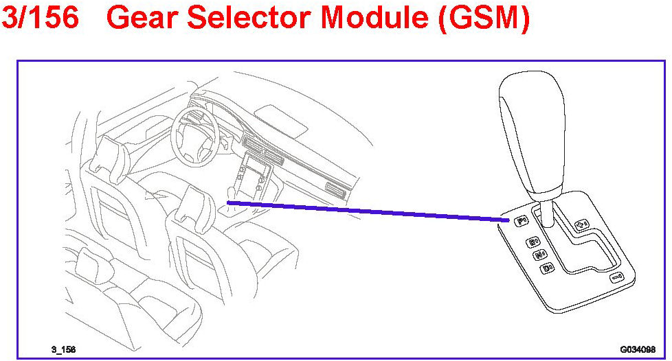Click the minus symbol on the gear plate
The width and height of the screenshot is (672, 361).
616,277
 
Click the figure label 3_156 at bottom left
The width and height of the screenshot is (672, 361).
63,349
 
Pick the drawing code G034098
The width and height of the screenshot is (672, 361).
637,349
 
